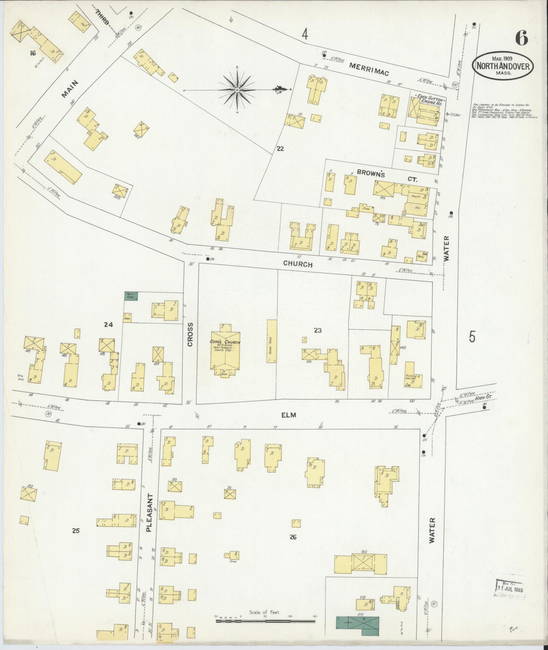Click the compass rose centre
pos(237,90)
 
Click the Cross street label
pos(190,334)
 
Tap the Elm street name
pos(289,415)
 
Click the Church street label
pos(298,264)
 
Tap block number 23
pos(318,330)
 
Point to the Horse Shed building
pos(271,341)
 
